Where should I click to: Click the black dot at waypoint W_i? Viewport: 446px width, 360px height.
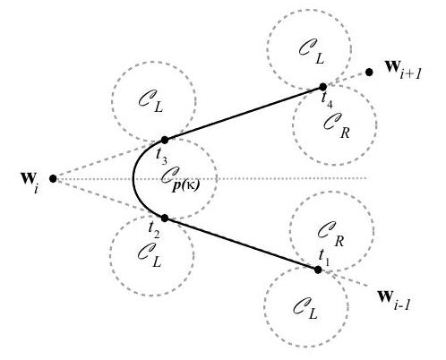pyautogui.click(x=53, y=179)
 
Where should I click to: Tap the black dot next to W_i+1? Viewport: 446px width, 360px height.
pyautogui.click(x=369, y=72)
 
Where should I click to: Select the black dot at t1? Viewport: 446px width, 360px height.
pyautogui.click(x=318, y=270)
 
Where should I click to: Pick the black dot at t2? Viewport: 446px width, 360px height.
pyautogui.click(x=165, y=219)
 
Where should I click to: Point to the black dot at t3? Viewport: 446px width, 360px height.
pyautogui.click(x=165, y=140)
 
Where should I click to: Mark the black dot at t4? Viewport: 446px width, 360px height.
pyautogui.click(x=323, y=87)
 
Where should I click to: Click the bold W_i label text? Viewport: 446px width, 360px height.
pyautogui.click(x=30, y=181)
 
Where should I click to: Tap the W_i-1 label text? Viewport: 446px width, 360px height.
pyautogui.click(x=393, y=300)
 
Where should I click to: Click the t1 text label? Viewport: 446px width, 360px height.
pyautogui.click(x=324, y=258)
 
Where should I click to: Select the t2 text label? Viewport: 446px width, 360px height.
pyautogui.click(x=154, y=230)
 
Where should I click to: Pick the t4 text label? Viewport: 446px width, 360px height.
pyautogui.click(x=327, y=100)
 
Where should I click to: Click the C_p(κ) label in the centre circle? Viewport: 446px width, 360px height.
pyautogui.click(x=180, y=179)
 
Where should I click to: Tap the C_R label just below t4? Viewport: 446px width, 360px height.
pyautogui.click(x=337, y=125)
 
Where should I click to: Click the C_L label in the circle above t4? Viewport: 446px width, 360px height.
pyautogui.click(x=312, y=52)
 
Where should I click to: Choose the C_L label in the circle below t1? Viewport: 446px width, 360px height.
pyautogui.click(x=305, y=308)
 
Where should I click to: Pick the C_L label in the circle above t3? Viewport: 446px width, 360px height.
pyautogui.click(x=150, y=100)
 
